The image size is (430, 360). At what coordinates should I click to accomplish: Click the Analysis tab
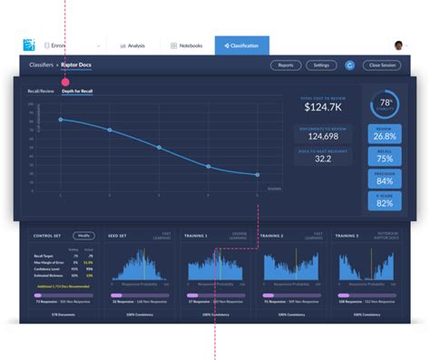tap(132, 45)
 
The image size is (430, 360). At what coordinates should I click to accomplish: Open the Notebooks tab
tap(187, 45)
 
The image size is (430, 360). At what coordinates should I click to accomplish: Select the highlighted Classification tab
tap(242, 45)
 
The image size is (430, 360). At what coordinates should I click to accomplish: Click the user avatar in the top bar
tap(398, 45)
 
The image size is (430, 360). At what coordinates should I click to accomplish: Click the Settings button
tap(321, 65)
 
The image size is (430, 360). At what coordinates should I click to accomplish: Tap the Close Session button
tap(382, 65)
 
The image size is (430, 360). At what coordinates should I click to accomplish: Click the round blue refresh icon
tap(350, 65)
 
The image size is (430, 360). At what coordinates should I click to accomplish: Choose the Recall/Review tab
tap(42, 92)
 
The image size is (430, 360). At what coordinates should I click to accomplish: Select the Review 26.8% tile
tap(385, 134)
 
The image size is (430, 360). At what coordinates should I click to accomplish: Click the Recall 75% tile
tap(385, 157)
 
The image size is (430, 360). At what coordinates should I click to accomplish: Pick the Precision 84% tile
tap(385, 179)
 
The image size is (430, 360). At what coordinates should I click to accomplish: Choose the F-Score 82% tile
tap(385, 201)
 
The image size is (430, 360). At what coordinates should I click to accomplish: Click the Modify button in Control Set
tap(83, 236)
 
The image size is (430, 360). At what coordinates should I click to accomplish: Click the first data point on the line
tap(61, 120)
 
